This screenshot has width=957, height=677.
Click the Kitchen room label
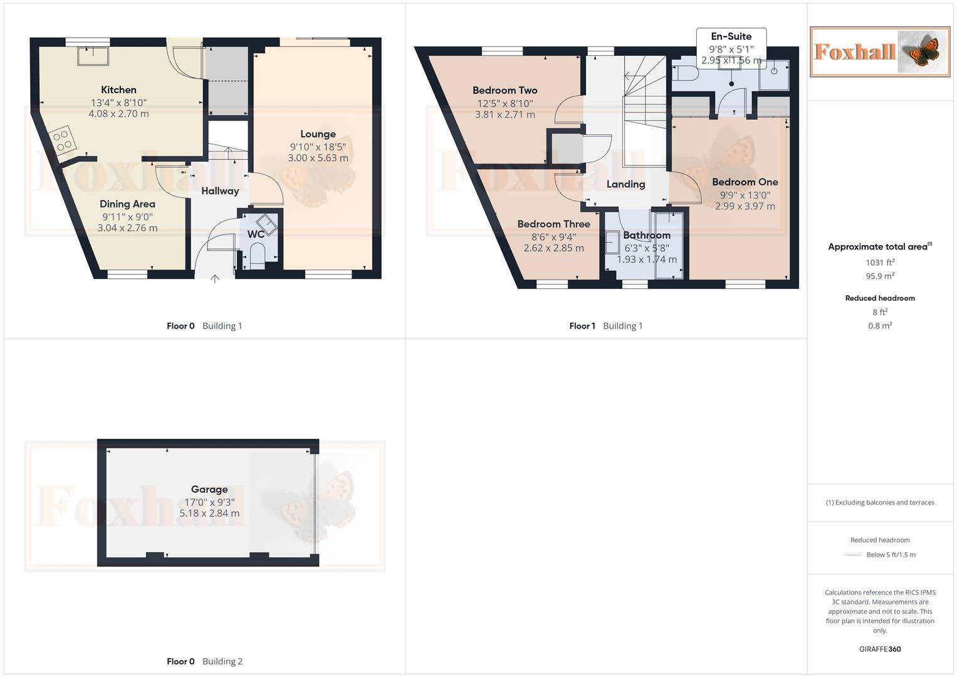(118, 90)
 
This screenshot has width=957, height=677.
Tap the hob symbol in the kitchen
(63, 140)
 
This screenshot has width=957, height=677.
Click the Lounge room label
(318, 134)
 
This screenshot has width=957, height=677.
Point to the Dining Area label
(127, 204)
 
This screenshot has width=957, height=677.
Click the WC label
(256, 234)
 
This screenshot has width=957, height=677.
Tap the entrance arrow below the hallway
(214, 279)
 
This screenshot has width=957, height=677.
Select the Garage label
(209, 490)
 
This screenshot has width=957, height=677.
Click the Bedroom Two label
(505, 90)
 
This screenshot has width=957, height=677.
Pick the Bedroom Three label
(553, 224)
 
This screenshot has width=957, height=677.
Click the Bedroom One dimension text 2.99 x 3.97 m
(745, 206)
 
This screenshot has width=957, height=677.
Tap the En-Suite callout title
(731, 36)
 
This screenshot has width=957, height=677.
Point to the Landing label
(625, 184)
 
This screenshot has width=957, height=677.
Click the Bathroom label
(647, 235)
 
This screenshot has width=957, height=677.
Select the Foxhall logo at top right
(880, 51)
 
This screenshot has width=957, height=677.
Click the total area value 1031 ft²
(880, 263)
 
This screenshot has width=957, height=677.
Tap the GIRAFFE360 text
(880, 649)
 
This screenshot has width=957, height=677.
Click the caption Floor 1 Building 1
(605, 326)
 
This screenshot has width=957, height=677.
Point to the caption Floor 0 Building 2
(204, 661)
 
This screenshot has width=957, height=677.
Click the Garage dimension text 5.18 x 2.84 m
(209, 513)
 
